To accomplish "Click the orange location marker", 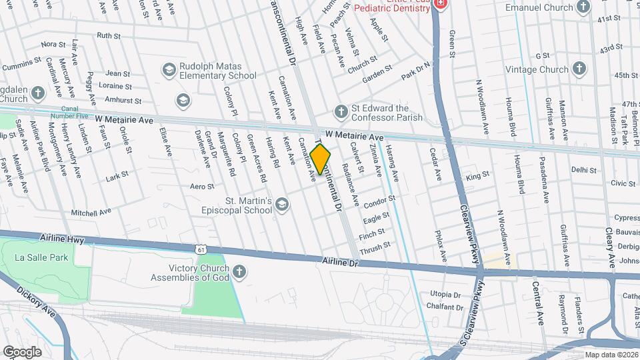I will point(321,159).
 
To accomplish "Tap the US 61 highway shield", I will point(201,249).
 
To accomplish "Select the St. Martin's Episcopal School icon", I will point(282,205).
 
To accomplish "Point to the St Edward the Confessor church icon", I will point(341,111).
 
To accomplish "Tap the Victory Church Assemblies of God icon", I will point(239,271).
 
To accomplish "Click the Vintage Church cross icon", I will point(579,69).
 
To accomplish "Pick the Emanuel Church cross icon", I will point(583,7).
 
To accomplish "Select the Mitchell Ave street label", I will point(91,212).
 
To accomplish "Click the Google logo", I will point(22,351).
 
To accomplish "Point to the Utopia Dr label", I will point(445,294).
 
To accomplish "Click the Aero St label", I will point(202,187).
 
